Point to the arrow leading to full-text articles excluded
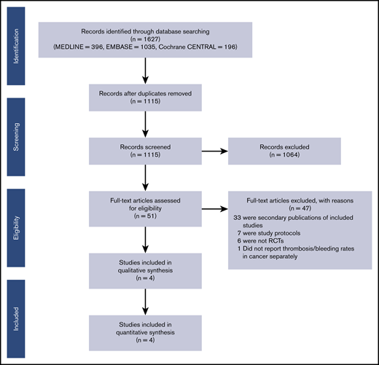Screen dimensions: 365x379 coord(216,209)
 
